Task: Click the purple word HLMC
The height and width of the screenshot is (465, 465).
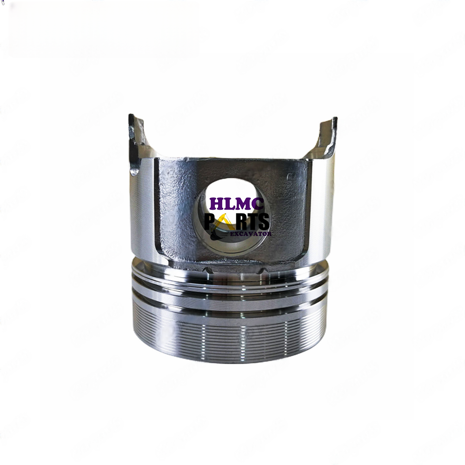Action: point(236,204)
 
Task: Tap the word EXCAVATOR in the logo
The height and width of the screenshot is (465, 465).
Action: point(251,234)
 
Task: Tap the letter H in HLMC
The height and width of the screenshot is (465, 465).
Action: point(216,204)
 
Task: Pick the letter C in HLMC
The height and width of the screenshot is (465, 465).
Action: point(258,204)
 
